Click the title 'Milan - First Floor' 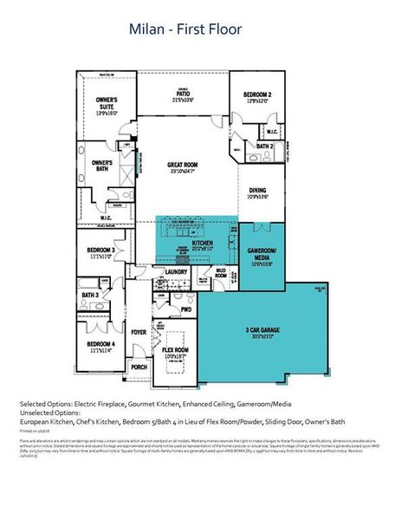pos(185,30)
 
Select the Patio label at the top pos(183,97)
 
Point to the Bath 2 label pos(265,146)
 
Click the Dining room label pos(258,192)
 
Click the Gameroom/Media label pos(263,257)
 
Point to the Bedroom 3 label pos(100,253)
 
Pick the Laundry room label pos(176,272)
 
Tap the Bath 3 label pos(90,296)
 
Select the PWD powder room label pos(185,309)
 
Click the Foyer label pos(139,331)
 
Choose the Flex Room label pos(175,352)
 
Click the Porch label pos(139,367)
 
